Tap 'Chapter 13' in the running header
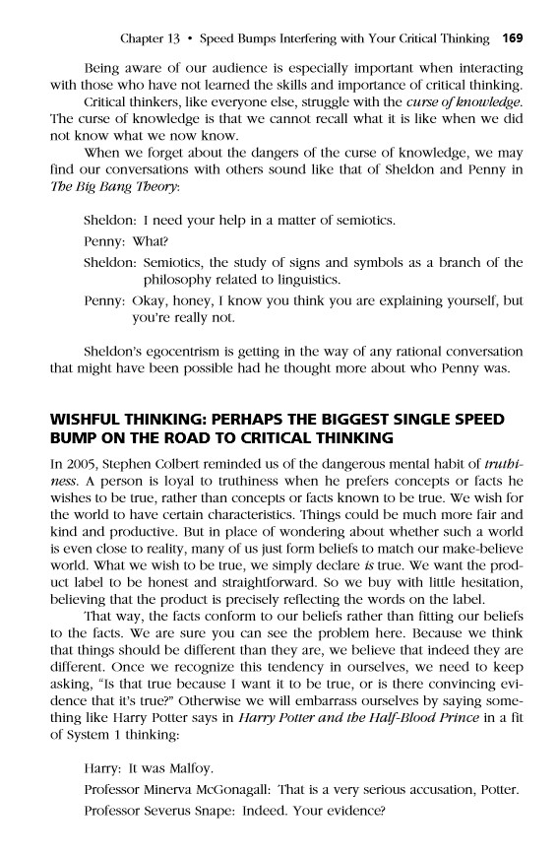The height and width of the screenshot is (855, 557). coord(148,39)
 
